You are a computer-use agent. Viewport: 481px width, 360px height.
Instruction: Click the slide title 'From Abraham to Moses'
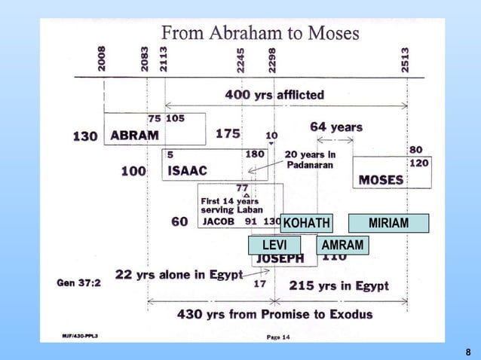[261, 33]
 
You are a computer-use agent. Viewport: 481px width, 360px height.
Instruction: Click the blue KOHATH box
[305, 223]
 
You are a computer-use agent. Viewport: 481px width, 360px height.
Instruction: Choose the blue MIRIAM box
[389, 223]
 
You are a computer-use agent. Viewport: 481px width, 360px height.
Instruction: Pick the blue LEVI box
[274, 246]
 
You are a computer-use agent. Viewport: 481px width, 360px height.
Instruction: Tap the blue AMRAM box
[342, 246]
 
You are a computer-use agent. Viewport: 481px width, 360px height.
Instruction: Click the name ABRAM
[134, 136]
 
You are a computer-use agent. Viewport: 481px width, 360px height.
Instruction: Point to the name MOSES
[381, 181]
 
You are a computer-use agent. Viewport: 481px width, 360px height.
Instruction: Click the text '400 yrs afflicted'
[275, 95]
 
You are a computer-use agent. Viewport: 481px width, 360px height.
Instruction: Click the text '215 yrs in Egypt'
[339, 285]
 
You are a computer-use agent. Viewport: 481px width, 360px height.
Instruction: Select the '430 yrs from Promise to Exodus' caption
[274, 314]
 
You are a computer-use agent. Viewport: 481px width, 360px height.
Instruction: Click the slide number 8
[467, 352]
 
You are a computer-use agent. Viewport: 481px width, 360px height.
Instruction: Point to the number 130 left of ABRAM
[85, 137]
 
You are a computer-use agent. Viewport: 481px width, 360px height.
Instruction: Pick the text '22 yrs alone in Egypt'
[178, 274]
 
